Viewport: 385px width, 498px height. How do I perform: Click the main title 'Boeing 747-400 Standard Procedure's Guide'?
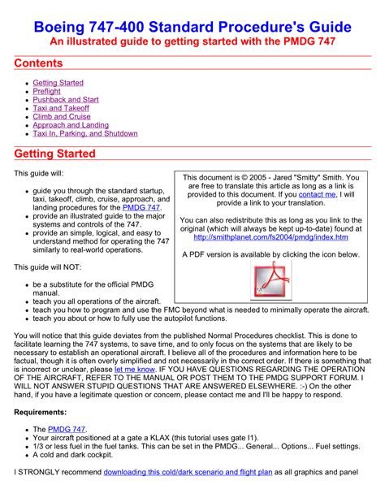192,28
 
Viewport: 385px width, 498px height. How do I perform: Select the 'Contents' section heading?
40,63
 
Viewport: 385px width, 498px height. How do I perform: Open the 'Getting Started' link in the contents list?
58,83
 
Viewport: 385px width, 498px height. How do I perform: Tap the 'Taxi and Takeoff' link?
61,108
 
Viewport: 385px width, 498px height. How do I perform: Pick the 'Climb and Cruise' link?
62,117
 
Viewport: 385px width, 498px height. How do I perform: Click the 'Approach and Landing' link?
70,125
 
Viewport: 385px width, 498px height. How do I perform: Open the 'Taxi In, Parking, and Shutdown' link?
85,134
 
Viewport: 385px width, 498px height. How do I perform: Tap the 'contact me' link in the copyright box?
317,195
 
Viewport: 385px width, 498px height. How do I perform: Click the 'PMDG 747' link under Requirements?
67,429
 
